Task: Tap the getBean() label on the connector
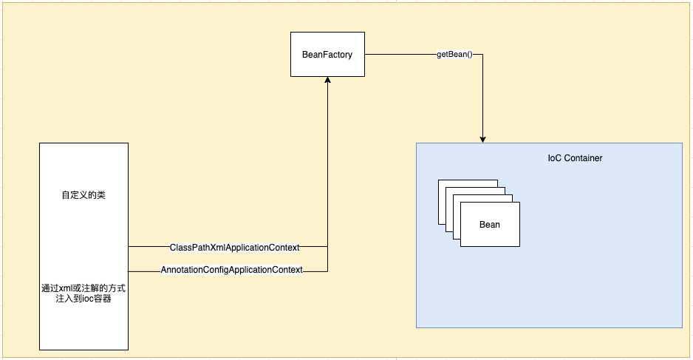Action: tap(454, 55)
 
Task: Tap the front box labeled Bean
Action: tap(490, 224)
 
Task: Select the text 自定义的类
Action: tap(83, 196)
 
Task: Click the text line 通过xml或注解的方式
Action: tap(83, 288)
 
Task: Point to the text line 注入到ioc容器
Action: tap(83, 299)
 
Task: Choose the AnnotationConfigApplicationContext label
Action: tap(232, 271)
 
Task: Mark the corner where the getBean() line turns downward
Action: tap(483, 55)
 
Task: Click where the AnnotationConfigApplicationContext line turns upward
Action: tap(327, 271)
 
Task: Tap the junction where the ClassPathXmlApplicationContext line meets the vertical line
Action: tap(327, 246)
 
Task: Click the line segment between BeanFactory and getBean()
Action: tap(399, 55)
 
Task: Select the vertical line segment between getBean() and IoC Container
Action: tap(483, 96)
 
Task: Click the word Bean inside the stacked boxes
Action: tap(490, 225)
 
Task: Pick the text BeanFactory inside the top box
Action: tap(327, 55)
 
